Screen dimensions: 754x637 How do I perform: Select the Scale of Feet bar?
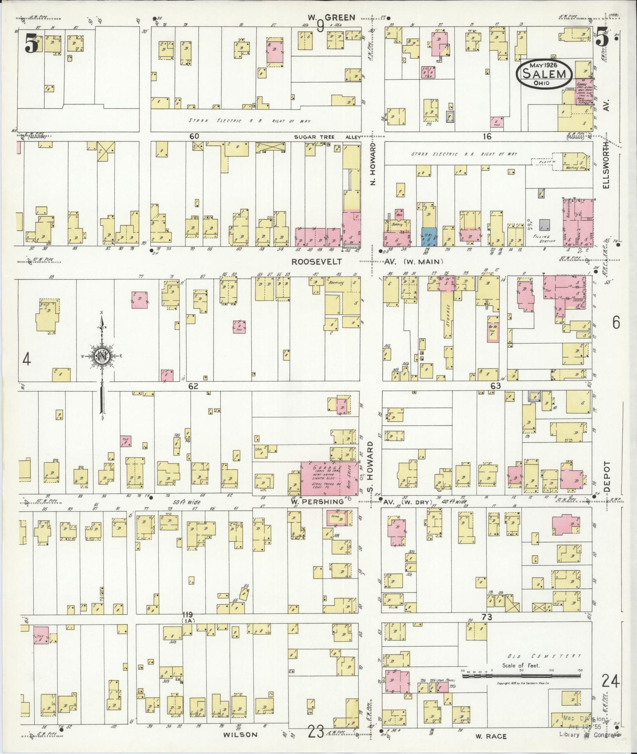coord(522,675)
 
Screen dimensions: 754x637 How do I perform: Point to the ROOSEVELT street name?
coord(317,261)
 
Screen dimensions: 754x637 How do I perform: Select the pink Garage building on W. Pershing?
coord(329,478)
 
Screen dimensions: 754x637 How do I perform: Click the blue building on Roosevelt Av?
coord(429,237)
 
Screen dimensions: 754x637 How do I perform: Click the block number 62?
coord(193,386)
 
